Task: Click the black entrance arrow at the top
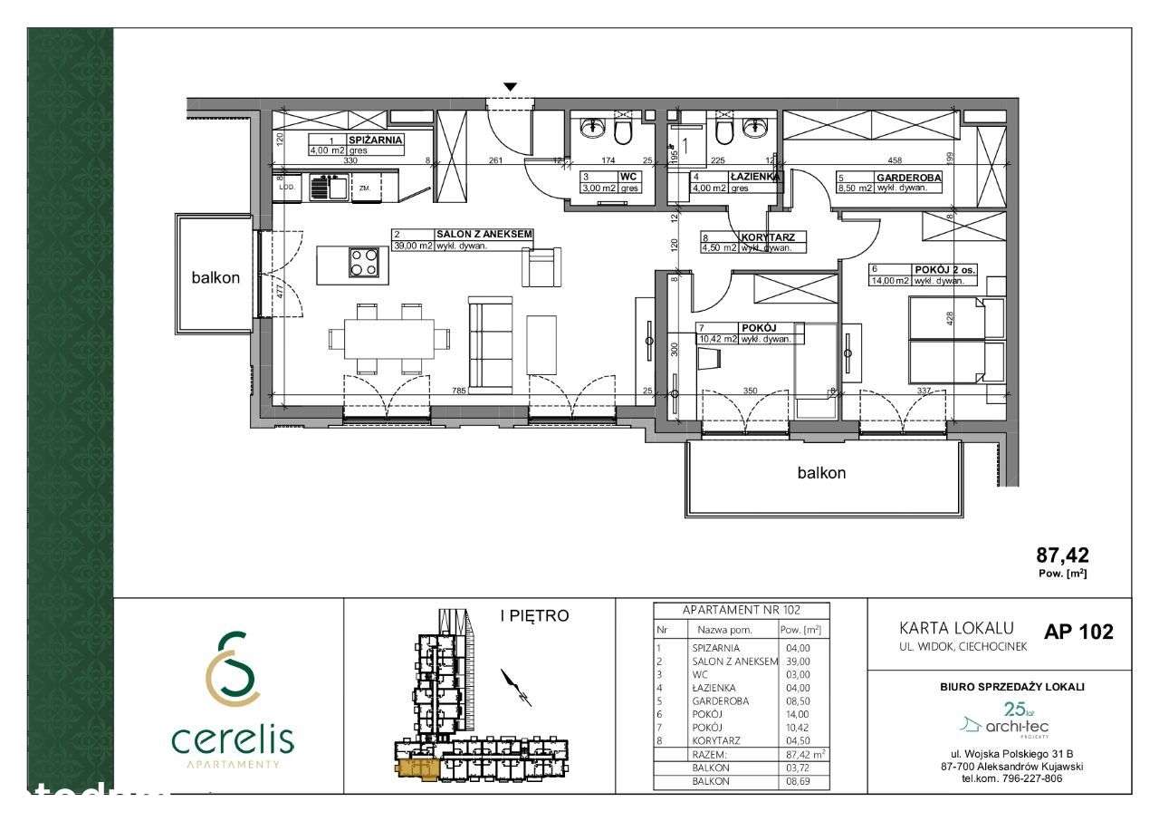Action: [x=511, y=87]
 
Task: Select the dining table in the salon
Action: [x=388, y=339]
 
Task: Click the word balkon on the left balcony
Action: [x=216, y=278]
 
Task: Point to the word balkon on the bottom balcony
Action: [x=821, y=472]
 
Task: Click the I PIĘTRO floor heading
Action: [x=534, y=617]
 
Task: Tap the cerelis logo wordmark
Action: [x=232, y=740]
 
